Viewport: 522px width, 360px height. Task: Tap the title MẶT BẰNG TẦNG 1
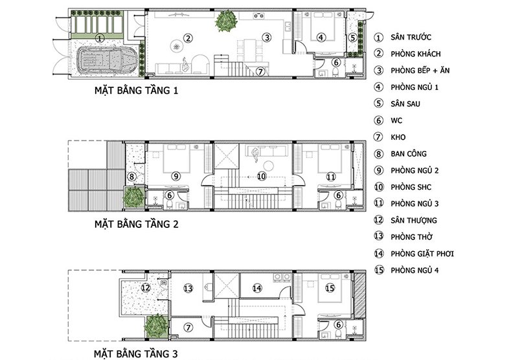(136, 91)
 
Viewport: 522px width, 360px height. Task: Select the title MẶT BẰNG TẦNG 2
(136, 224)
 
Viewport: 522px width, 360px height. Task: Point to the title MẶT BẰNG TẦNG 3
(135, 354)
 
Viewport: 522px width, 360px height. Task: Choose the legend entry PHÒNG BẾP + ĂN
(420, 71)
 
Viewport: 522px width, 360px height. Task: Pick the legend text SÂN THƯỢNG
(414, 220)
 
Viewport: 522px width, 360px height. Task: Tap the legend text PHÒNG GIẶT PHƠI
(422, 254)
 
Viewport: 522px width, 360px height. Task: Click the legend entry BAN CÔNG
(409, 153)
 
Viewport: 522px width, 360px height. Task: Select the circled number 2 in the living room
(188, 38)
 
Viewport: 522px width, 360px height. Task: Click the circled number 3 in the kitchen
(267, 38)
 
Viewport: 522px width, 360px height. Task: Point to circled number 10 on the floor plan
(262, 176)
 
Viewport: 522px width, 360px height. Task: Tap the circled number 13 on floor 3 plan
(188, 288)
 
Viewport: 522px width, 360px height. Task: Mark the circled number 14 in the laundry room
(257, 288)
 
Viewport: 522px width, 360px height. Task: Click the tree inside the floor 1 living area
(227, 21)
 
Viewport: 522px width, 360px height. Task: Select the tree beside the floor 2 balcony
(134, 197)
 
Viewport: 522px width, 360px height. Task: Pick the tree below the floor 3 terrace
(157, 326)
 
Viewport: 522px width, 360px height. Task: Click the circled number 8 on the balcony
(132, 176)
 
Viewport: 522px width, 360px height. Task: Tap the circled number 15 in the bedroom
(330, 288)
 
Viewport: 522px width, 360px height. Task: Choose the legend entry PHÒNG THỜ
(411, 237)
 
